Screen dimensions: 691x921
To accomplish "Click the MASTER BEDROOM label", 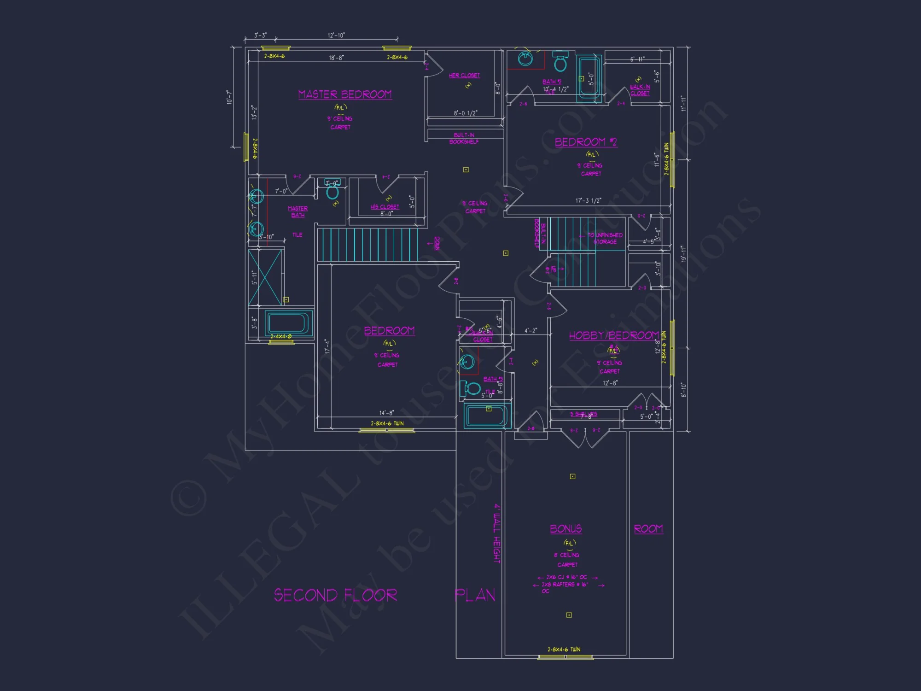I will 345,94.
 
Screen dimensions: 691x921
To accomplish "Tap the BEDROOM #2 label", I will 585,142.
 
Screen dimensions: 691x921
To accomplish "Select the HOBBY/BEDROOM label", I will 614,335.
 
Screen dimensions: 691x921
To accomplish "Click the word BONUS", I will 566,529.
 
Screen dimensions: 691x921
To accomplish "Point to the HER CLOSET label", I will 464,75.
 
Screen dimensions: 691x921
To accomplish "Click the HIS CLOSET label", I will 385,207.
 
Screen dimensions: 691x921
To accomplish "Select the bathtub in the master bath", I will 288,323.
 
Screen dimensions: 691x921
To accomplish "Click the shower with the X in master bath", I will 265,276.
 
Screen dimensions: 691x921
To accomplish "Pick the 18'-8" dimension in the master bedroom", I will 336,58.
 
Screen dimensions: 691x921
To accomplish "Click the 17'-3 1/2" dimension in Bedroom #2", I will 588,200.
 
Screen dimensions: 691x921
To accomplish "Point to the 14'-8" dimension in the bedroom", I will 386,413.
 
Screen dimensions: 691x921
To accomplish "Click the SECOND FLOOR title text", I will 335,595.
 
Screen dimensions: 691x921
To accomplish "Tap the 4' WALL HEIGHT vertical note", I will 497,533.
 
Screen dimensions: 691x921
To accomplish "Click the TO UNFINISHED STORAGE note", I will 605,238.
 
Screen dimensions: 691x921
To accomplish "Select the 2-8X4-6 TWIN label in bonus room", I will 564,650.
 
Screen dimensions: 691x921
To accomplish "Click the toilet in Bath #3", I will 471,388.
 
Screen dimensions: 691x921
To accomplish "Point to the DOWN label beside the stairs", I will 437,243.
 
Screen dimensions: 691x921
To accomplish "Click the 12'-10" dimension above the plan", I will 336,35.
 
